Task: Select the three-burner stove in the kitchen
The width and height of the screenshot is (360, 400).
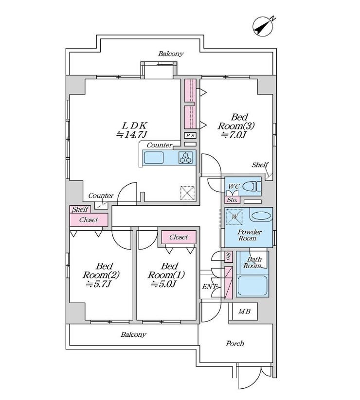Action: (186, 158)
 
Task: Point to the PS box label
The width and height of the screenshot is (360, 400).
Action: (190, 136)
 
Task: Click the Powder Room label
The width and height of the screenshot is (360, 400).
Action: (250, 235)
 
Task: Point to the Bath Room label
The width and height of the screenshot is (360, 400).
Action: (253, 263)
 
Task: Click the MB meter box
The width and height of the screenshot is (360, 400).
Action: (244, 311)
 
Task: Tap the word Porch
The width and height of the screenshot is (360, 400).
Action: (235, 344)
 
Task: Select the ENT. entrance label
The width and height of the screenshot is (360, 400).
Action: (209, 287)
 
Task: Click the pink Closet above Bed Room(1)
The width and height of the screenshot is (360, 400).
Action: (179, 237)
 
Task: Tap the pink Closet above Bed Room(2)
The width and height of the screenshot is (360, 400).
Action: (89, 219)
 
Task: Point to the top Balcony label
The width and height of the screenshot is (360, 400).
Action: (170, 54)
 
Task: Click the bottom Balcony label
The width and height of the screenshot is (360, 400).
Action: (133, 335)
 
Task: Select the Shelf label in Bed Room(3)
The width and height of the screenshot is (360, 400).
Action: (259, 165)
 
